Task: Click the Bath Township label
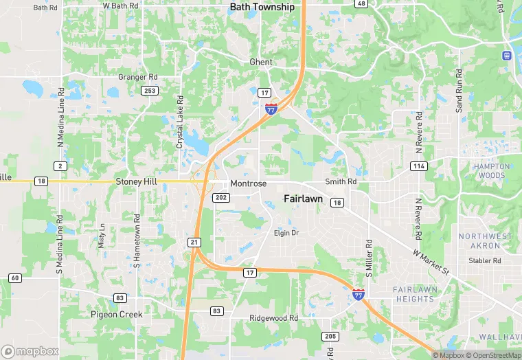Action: pyautogui.click(x=262, y=7)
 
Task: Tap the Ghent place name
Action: pyautogui.click(x=261, y=62)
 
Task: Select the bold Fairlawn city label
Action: pyautogui.click(x=303, y=198)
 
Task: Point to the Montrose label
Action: pyautogui.click(x=248, y=184)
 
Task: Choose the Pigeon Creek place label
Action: pyautogui.click(x=117, y=314)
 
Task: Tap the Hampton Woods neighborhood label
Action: pyautogui.click(x=492, y=171)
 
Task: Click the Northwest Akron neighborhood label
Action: pyautogui.click(x=486, y=241)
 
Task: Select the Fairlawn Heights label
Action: pyautogui.click(x=415, y=294)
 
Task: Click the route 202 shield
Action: pyautogui.click(x=222, y=197)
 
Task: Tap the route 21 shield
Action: pyautogui.click(x=194, y=243)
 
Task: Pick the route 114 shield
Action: pyautogui.click(x=418, y=166)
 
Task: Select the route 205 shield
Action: pyautogui.click(x=330, y=336)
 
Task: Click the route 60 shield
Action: pyautogui.click(x=15, y=278)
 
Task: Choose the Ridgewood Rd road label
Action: pyautogui.click(x=274, y=319)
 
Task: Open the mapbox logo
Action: pyautogui.click(x=30, y=351)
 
